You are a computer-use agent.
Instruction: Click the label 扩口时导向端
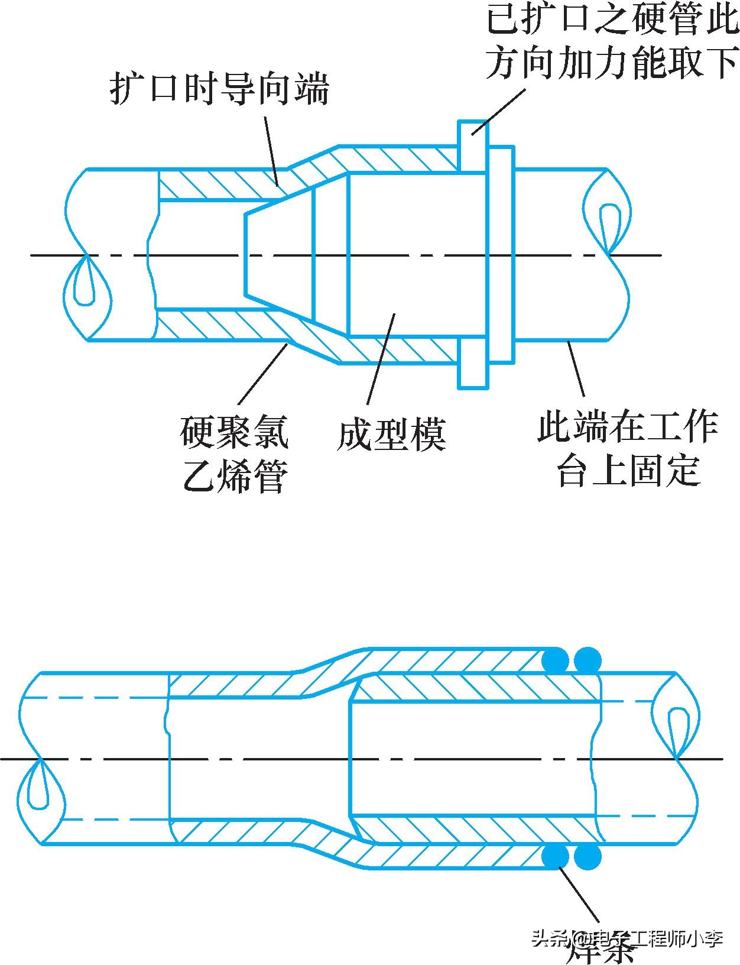219,89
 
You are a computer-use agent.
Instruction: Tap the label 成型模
391,435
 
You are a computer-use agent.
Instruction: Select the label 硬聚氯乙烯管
235,454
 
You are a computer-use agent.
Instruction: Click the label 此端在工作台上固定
628,448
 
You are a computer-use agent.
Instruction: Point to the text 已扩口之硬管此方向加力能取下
612,43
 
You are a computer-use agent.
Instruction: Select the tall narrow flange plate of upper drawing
473,254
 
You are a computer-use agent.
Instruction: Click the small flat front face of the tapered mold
245,254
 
